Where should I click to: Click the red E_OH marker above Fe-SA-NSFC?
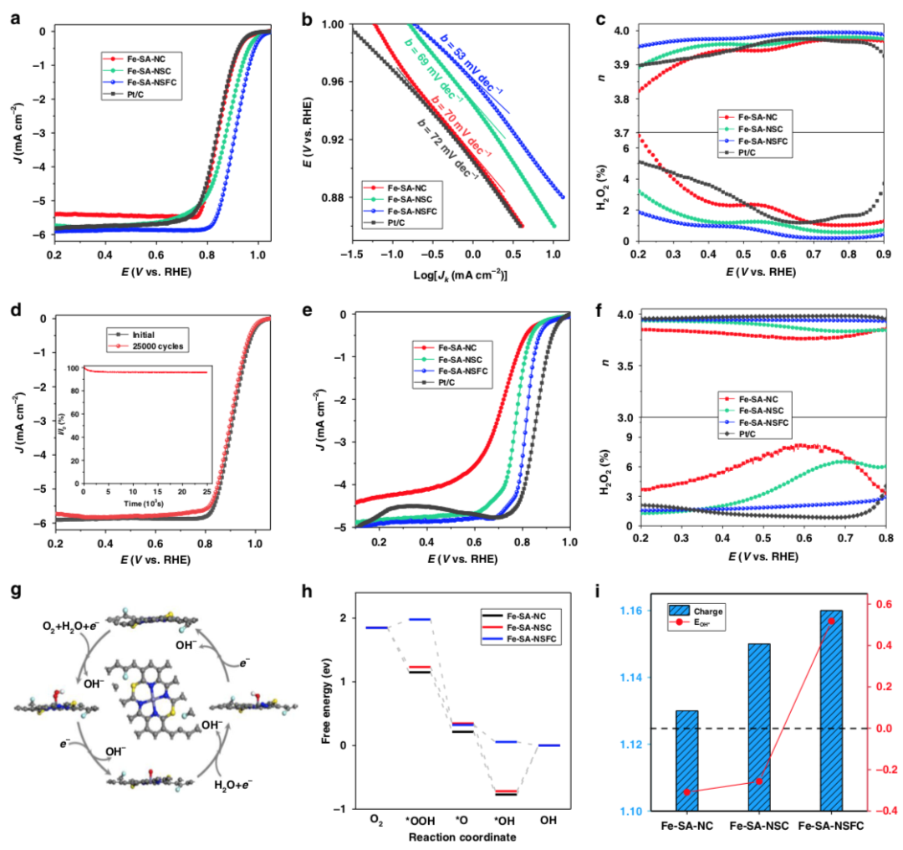click(x=831, y=620)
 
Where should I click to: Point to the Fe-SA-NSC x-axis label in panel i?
click(x=758, y=827)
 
